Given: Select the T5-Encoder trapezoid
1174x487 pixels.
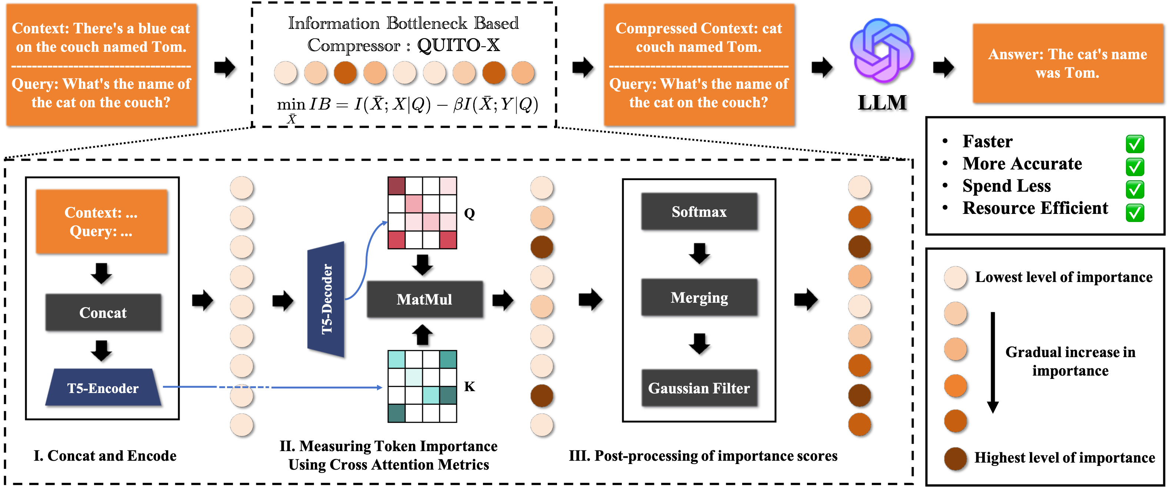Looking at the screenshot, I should [103, 388].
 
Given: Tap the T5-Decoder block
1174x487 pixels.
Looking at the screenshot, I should [326, 299].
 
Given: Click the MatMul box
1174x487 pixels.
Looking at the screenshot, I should [424, 299].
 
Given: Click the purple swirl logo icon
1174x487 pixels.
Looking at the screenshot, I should [881, 50].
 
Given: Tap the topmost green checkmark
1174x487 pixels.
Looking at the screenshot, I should [1135, 144].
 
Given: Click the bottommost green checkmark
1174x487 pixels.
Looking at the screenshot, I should [1135, 213].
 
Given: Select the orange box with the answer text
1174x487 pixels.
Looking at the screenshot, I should [1067, 63].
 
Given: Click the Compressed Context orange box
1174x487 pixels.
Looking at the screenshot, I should [698, 64].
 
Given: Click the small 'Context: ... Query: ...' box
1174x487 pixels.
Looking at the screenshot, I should [101, 221].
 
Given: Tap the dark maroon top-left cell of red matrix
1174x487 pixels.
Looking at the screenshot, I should [397, 186].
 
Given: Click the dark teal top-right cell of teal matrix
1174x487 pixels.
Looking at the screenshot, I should [448, 359].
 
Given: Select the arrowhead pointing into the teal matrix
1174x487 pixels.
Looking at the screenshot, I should [380, 387].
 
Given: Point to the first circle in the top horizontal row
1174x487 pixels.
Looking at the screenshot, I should [285, 73].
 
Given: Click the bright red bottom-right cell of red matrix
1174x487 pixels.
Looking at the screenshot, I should [448, 240].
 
